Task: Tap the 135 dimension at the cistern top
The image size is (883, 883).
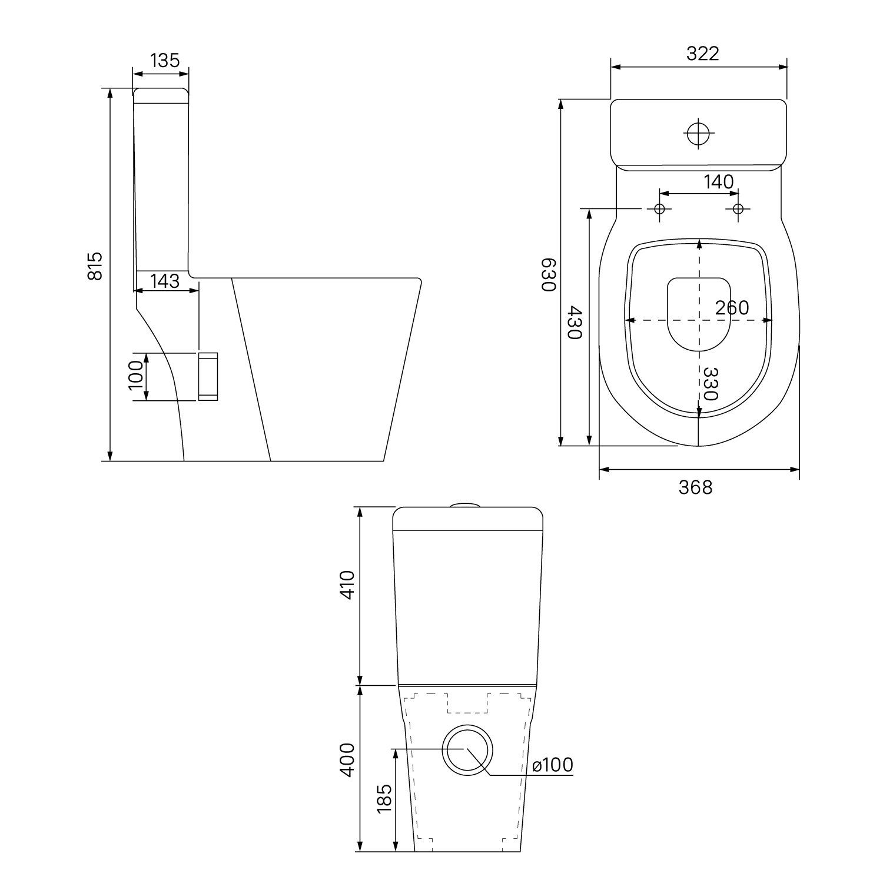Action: (x=165, y=61)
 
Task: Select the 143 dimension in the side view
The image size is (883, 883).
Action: (x=165, y=281)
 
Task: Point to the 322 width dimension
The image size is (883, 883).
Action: (x=703, y=54)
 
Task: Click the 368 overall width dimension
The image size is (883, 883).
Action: (x=695, y=487)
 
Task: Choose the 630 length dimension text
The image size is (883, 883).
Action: (x=549, y=274)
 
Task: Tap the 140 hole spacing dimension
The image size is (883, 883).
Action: (x=718, y=182)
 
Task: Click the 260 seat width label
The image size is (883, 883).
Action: (x=732, y=307)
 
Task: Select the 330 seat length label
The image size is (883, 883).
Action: (x=711, y=383)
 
